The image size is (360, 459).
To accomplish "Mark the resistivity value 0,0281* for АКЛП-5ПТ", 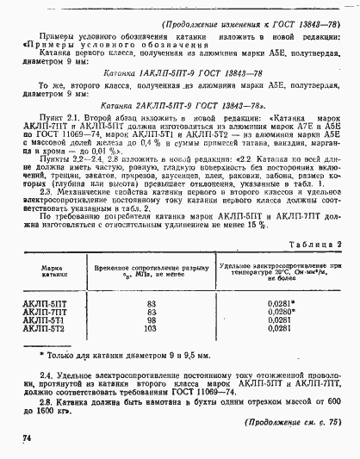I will pos(281,304).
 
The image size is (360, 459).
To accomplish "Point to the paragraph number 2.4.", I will pos(48,377).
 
